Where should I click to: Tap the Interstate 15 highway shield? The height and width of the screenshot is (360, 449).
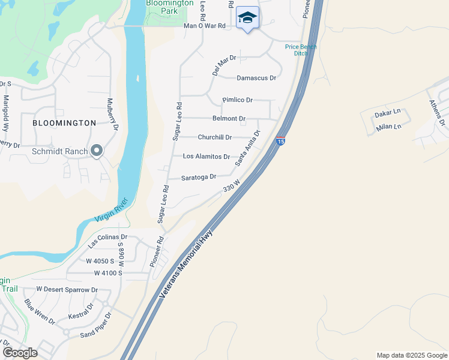[280, 142]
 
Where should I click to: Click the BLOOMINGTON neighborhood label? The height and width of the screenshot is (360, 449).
[64, 123]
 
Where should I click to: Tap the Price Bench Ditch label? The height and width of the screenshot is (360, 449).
[301, 50]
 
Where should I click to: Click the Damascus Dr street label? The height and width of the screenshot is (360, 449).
[256, 78]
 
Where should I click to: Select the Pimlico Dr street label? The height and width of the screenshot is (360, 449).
[237, 100]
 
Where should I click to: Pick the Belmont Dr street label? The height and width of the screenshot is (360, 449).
[229, 119]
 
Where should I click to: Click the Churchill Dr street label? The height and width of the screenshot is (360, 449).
[215, 137]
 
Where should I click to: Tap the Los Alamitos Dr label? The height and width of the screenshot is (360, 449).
[206, 157]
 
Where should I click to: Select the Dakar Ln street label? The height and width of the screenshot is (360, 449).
[387, 113]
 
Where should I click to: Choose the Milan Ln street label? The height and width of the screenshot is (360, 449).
[388, 127]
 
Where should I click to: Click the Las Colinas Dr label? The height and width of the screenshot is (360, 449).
[108, 241]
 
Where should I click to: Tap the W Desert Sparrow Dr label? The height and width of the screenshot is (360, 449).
[67, 289]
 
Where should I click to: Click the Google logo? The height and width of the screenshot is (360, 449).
[20, 353]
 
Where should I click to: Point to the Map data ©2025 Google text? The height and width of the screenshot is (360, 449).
[411, 355]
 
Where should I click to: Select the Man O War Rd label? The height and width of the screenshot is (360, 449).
[204, 26]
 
